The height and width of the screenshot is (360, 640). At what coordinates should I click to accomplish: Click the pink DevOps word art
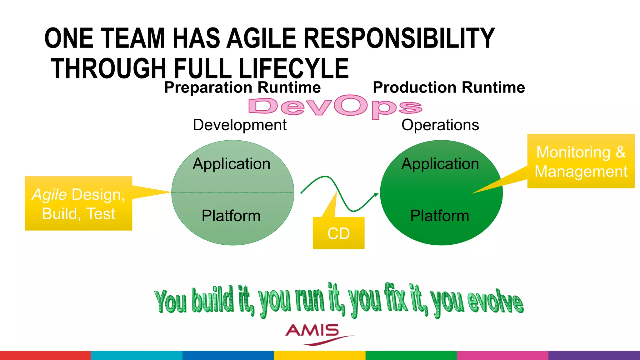tap(335, 107)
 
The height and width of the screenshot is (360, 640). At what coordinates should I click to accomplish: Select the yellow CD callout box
tap(338, 233)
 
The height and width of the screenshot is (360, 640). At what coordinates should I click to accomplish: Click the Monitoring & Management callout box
tap(581, 161)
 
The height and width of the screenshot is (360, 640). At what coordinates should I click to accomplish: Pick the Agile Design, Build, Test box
tap(78, 204)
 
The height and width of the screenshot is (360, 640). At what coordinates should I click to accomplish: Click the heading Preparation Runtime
tap(242, 87)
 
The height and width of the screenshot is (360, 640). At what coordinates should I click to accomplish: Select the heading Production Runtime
tap(449, 87)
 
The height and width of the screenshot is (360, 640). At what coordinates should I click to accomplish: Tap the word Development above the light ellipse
tap(240, 125)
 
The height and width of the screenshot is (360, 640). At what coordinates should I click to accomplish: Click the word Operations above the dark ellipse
tap(440, 125)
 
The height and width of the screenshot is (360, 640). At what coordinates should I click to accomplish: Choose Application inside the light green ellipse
tap(231, 164)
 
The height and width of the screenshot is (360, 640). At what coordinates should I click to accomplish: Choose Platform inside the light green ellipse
tap(231, 216)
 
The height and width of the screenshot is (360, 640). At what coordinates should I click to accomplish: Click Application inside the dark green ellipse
tap(440, 164)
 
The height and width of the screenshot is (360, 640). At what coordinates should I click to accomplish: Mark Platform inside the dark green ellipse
tap(440, 216)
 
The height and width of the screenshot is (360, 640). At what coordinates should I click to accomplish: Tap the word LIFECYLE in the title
tap(293, 69)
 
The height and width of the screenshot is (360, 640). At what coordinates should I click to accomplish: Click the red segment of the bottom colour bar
tap(45, 355)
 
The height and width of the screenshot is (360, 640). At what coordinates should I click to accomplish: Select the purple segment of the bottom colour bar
tap(594, 355)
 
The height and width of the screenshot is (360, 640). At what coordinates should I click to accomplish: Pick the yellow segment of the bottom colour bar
tap(319, 355)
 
